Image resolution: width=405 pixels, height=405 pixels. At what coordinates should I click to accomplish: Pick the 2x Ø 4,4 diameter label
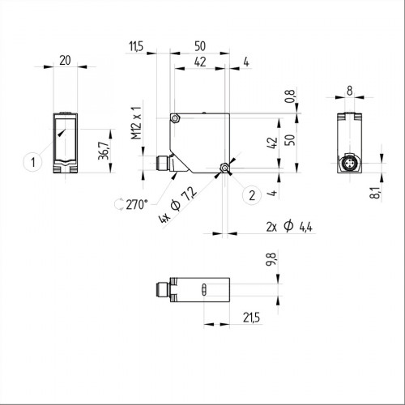point(288,228)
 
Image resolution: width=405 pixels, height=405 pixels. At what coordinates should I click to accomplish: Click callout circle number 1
point(32,162)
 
